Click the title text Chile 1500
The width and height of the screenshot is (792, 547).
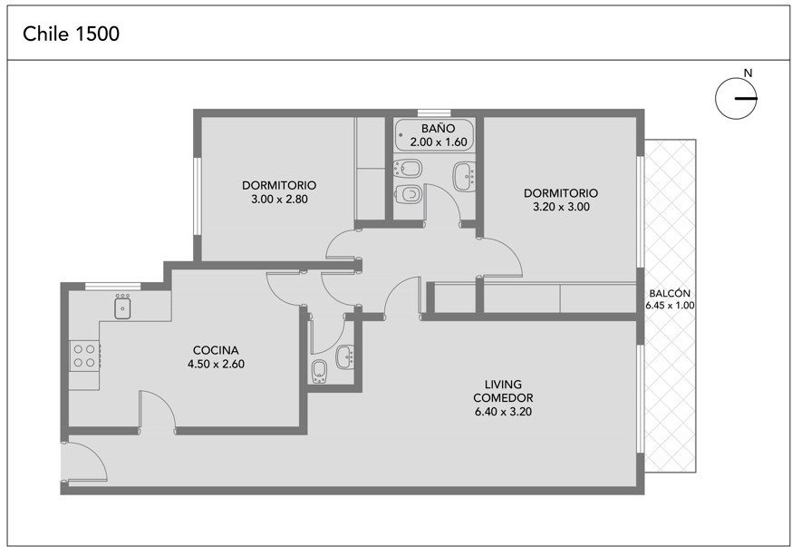tap(72, 34)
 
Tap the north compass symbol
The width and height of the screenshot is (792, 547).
tap(737, 99)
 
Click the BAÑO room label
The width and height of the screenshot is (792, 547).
tap(438, 129)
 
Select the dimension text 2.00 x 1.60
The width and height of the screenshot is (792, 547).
tap(438, 142)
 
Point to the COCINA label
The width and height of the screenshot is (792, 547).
tap(216, 350)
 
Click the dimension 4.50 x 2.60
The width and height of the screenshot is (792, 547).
tap(216, 364)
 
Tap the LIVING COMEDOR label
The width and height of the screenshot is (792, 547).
tap(503, 391)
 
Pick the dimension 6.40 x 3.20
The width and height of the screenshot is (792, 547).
tap(503, 412)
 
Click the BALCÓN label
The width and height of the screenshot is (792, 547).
tap(670, 293)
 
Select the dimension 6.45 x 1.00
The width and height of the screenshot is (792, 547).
tap(670, 306)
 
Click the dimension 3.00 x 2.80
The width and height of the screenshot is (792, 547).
tap(279, 200)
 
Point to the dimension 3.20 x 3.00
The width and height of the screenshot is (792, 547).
tap(561, 207)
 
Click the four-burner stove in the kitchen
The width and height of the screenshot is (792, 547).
tap(84, 356)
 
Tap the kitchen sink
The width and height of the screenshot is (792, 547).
tap(122, 308)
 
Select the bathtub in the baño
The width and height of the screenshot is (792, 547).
tap(434, 135)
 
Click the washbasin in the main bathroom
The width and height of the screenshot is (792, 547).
tap(464, 176)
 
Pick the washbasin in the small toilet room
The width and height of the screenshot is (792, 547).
tap(345, 357)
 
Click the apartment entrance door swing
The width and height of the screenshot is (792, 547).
tap(84, 461)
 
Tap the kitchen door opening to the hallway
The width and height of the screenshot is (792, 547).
tap(158, 412)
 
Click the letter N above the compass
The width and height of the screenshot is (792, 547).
tap(749, 73)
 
